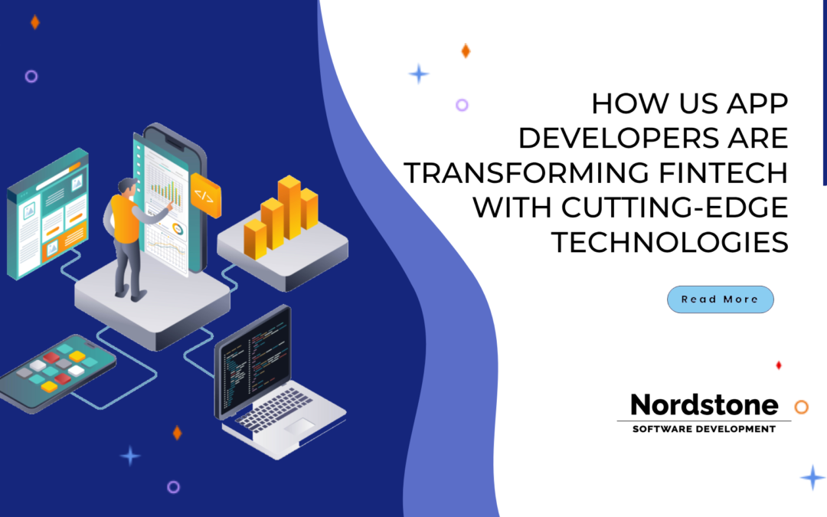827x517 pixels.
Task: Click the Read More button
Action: (720, 299)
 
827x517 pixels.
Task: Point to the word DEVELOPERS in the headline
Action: (610, 139)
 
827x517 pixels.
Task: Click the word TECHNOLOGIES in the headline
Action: (670, 242)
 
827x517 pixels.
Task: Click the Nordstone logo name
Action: (704, 404)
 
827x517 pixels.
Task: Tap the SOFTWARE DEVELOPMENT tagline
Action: (704, 429)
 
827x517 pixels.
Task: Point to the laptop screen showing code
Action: (252, 359)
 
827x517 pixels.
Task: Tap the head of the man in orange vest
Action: (126, 187)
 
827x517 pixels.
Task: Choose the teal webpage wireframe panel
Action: (47, 211)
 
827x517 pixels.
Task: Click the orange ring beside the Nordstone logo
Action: (801, 407)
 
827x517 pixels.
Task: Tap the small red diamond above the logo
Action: (779, 365)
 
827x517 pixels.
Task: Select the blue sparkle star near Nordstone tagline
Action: (812, 477)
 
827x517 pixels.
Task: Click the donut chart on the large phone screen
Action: (178, 229)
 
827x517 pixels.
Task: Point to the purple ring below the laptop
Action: (173, 486)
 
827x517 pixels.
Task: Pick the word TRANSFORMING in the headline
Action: (521, 173)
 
